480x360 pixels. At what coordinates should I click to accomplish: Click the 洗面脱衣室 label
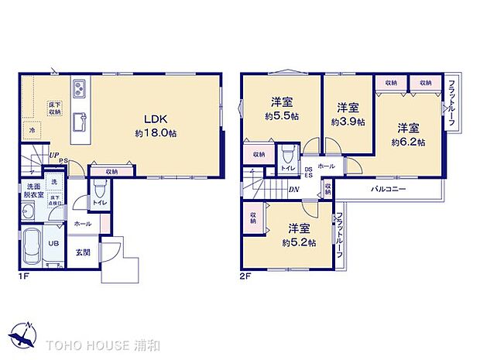pos(32,192)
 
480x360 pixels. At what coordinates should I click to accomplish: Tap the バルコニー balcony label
pos(388,189)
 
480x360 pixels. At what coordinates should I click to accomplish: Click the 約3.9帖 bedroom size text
pos(348,122)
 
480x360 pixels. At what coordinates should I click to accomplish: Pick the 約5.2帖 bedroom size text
pos(300,242)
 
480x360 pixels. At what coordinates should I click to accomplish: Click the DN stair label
pos(295,189)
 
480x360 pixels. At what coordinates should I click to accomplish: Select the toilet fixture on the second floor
pos(287,153)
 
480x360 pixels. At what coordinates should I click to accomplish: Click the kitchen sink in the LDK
pos(80,121)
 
